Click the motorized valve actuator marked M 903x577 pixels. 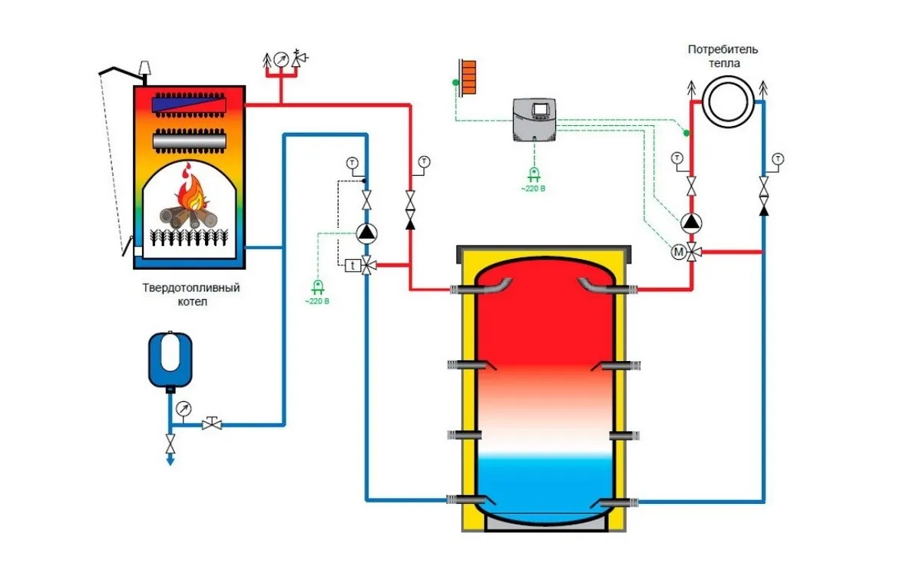(x=678, y=251)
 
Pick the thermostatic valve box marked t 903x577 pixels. (x=352, y=264)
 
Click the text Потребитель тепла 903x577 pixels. (x=723, y=56)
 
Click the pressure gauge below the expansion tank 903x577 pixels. (x=183, y=409)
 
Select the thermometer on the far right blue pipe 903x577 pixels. (x=779, y=159)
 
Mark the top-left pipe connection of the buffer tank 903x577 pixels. (x=462, y=290)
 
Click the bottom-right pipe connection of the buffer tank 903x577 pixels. (x=623, y=501)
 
